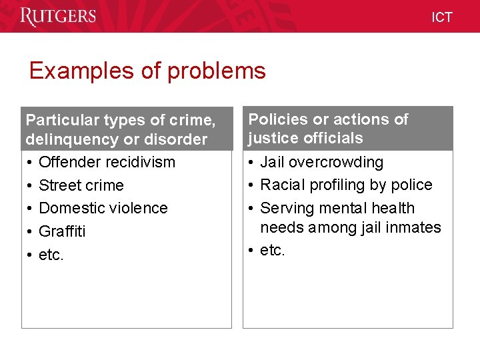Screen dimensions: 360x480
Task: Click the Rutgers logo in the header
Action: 58,17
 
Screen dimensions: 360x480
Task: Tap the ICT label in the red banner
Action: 441,17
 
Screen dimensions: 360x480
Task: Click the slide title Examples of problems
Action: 147,71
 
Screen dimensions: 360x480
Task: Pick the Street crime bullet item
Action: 81,185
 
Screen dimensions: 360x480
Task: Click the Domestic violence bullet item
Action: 103,208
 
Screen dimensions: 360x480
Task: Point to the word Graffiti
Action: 62,231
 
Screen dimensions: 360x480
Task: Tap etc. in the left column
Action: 51,255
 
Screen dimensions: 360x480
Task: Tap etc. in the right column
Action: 273,250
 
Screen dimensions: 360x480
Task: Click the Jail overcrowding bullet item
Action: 322,162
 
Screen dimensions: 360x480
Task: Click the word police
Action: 414,185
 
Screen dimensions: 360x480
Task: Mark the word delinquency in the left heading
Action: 75,139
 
